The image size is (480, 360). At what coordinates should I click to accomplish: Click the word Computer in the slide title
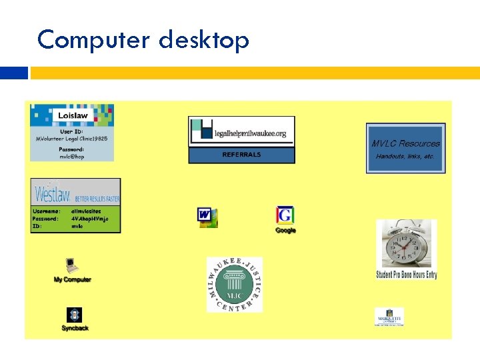click(93, 41)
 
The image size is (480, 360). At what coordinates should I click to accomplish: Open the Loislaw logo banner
click(72, 115)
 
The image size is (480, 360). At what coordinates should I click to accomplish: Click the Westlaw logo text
click(50, 194)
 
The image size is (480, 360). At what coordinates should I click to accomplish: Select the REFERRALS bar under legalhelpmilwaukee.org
click(241, 155)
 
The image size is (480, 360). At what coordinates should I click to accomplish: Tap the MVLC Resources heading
click(405, 143)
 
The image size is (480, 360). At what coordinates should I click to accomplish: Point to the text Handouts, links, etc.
click(405, 156)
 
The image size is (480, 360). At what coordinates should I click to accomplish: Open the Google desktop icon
click(285, 215)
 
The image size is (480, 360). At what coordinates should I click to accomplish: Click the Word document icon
click(207, 217)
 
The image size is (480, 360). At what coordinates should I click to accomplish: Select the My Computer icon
click(71, 265)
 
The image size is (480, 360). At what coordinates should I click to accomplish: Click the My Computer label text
click(72, 279)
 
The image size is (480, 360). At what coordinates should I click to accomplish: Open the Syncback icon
click(75, 315)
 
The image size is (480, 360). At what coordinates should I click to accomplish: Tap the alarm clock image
click(406, 243)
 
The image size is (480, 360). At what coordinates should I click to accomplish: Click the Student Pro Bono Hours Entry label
click(406, 275)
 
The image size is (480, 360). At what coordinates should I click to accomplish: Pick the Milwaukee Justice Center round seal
click(234, 285)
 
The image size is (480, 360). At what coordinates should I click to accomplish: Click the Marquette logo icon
click(389, 317)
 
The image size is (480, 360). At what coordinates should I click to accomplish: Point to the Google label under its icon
click(285, 230)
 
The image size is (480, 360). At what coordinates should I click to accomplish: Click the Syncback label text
click(75, 328)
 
